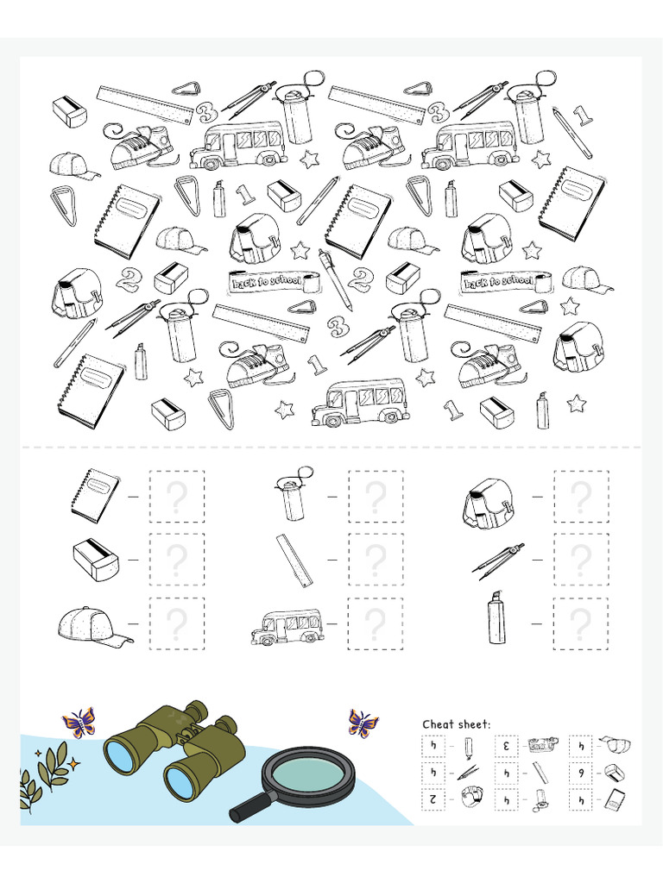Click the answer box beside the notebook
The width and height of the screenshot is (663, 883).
[177, 497]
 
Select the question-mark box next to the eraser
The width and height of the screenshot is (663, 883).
[177, 560]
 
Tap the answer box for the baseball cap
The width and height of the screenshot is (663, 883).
[177, 623]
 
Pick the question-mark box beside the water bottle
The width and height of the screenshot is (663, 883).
[376, 497]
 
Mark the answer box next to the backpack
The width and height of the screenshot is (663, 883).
[581, 497]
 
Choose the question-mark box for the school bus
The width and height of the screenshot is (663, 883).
[376, 623]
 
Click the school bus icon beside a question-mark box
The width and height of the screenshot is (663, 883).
[286, 627]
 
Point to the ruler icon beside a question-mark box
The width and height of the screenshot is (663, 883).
[294, 560]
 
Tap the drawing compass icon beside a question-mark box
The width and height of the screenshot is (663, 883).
[499, 560]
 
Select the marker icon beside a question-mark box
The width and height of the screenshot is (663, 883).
[496, 618]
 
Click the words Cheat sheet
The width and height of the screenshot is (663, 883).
[456, 724]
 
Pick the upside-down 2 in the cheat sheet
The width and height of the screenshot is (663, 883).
[433, 799]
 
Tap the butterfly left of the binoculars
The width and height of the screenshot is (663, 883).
[79, 722]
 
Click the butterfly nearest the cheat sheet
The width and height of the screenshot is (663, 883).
[363, 723]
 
